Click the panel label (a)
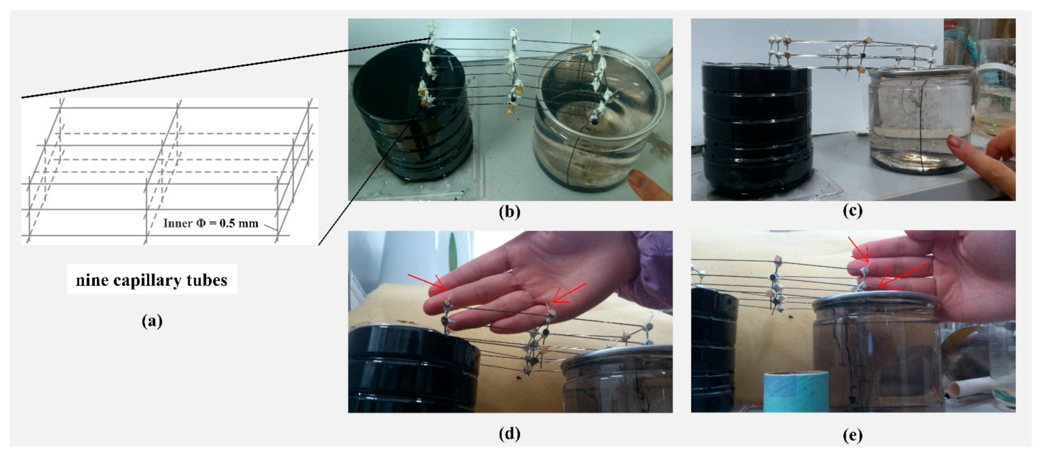pyautogui.click(x=152, y=321)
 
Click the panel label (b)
pyautogui.click(x=509, y=212)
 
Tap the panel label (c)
pyautogui.click(x=852, y=211)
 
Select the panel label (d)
pyautogui.click(x=509, y=434)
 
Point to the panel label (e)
pyautogui.click(x=852, y=436)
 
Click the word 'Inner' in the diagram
pyautogui.click(x=178, y=223)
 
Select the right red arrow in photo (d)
pyautogui.click(x=569, y=293)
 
